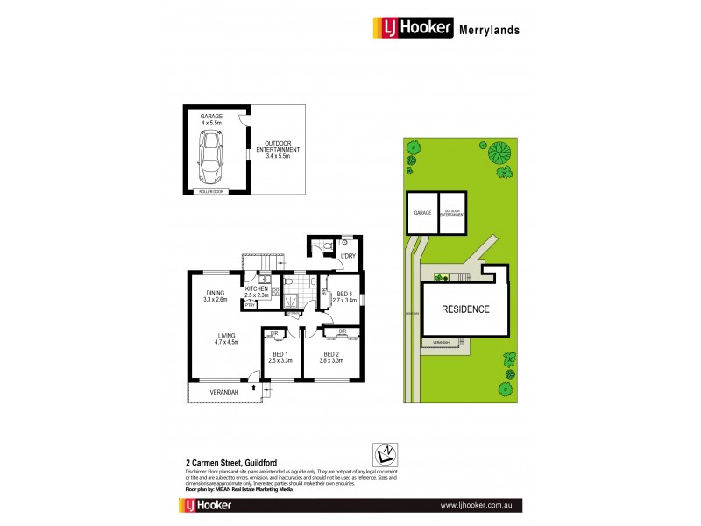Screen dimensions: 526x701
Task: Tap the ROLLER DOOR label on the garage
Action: pos(212,189)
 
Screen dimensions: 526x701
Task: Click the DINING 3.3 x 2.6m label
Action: pos(216,296)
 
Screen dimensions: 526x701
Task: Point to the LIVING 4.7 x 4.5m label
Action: pos(227,338)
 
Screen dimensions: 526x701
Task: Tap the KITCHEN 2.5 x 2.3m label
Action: pos(257,292)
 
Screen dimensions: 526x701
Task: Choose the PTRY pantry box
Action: pos(250,306)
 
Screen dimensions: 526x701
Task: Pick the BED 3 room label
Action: pos(343,296)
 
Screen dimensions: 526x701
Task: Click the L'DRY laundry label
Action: pos(347,256)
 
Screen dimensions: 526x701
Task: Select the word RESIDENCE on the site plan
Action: pos(464,309)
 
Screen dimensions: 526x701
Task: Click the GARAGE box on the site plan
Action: pos(421,212)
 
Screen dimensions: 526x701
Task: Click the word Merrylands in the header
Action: pos(489,29)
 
